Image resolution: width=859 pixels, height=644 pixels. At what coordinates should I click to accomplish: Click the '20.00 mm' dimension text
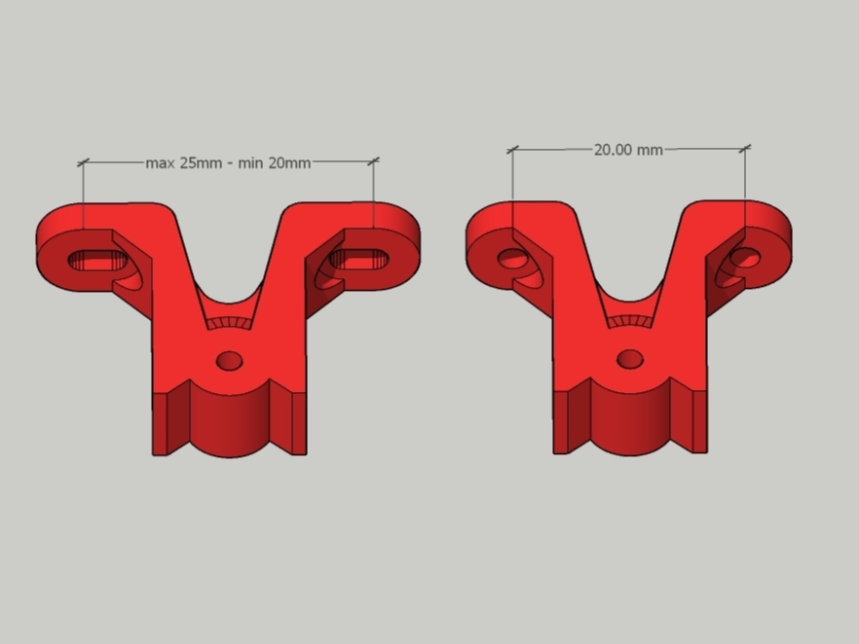coord(628,150)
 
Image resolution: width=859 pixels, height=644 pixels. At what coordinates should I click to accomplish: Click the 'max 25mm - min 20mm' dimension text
coord(228,162)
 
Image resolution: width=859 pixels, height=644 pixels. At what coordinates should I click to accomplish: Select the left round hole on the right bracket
coord(511,258)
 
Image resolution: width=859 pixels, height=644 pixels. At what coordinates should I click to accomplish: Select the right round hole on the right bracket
coord(745,258)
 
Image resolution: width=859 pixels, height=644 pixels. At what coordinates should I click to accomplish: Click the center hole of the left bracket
coord(230,361)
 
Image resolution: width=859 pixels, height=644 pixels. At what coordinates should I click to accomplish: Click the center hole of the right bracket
coord(630,359)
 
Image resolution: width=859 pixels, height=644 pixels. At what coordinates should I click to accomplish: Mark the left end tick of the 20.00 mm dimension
coord(512,150)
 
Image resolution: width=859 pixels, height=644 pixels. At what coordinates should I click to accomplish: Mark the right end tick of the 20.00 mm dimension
coord(745,149)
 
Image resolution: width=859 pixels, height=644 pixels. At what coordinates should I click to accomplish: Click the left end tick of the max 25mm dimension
coord(83,162)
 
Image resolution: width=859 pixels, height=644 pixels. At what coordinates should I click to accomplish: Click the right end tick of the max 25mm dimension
coord(374,161)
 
